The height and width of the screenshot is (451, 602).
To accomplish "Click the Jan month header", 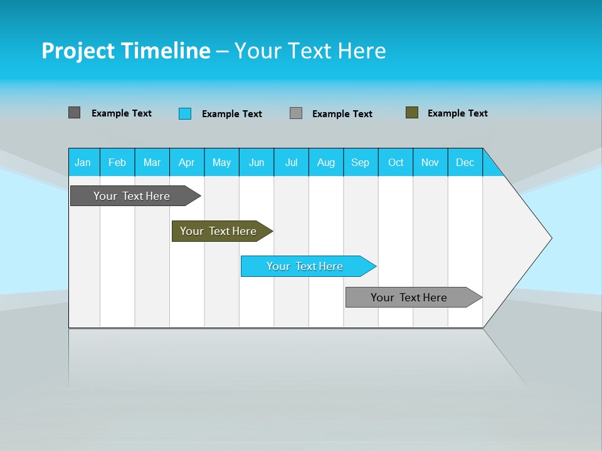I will point(83,162).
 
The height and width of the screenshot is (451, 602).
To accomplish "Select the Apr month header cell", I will point(187,162).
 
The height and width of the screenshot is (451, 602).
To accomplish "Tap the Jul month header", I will point(291,162).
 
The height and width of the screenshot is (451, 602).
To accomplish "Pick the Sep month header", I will point(360,162).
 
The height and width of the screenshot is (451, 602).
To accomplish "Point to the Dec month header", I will point(465,162).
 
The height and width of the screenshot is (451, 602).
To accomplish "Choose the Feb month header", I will point(117,162).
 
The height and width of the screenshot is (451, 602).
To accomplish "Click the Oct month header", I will point(396,162).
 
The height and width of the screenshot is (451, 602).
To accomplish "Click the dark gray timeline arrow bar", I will point(132,196).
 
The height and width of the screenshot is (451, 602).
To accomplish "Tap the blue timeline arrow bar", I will point(305,266).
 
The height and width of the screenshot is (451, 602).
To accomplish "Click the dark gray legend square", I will point(74,113).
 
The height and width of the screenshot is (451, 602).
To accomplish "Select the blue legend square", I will point(185,113).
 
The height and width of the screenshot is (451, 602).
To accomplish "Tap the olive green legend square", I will point(412,113).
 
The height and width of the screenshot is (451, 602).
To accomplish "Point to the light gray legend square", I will point(296,113).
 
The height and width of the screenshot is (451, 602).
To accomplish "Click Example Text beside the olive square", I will point(457,113).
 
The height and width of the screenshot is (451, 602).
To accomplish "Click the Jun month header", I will point(256,162).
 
